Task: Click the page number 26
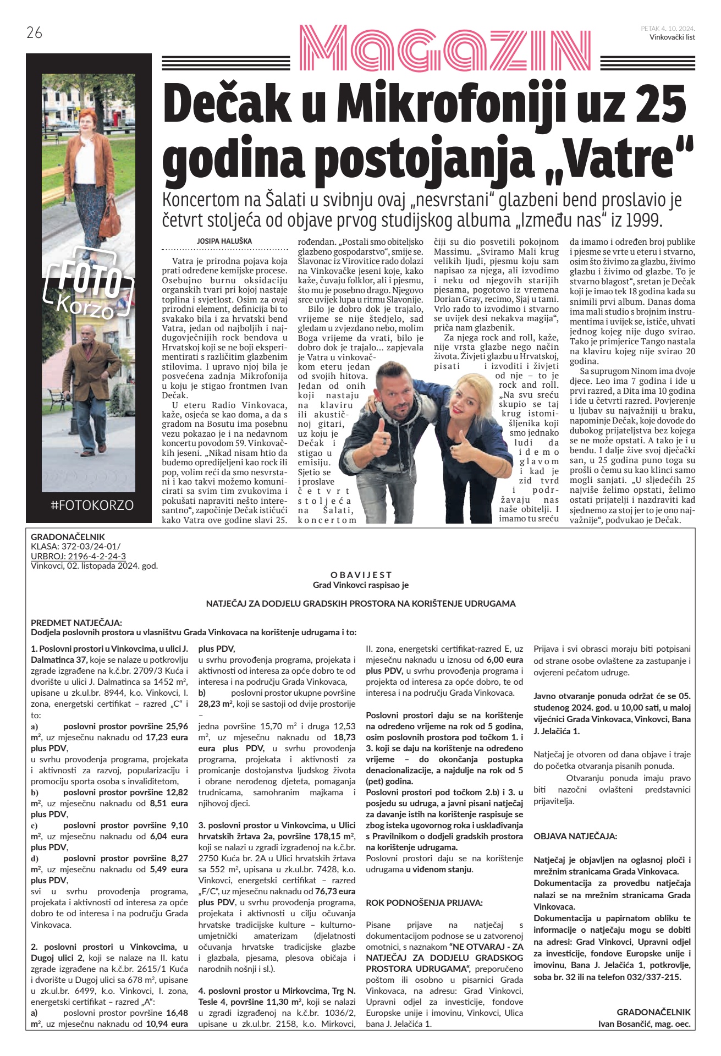[x=34, y=33]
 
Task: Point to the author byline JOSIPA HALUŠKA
[x=224, y=241]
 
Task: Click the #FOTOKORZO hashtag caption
[x=92, y=505]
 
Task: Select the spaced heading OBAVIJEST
[x=361, y=575]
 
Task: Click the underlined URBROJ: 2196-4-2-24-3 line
[x=78, y=556]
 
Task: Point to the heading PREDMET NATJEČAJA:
[x=76, y=623]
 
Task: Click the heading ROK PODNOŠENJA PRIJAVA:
[x=424, y=903]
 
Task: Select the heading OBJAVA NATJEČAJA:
[x=575, y=836]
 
